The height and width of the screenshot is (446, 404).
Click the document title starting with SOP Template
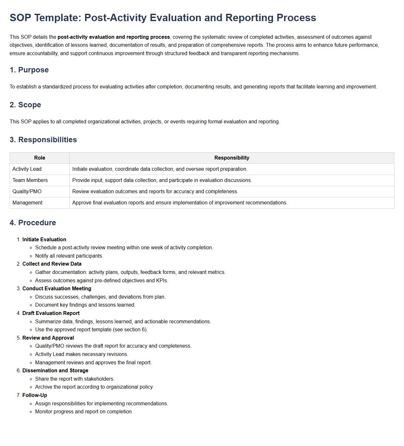click(x=162, y=18)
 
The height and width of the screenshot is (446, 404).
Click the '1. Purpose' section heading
click(x=29, y=70)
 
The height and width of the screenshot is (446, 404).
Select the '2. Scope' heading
click(x=25, y=105)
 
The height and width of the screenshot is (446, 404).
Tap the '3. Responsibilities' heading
click(x=43, y=140)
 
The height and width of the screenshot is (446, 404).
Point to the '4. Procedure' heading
click(x=33, y=223)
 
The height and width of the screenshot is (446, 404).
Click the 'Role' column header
click(x=40, y=158)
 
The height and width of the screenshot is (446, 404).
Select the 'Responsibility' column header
click(x=232, y=158)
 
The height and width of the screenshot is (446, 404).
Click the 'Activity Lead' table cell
click(x=27, y=169)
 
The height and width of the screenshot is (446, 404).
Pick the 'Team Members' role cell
click(x=30, y=180)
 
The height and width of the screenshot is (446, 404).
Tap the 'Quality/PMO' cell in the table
click(x=27, y=192)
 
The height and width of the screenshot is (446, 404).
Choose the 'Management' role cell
click(x=28, y=203)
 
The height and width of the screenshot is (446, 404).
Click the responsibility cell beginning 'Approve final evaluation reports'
click(x=180, y=203)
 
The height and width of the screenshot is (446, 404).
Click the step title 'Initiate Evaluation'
click(x=44, y=240)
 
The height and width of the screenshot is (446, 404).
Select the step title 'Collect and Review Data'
click(x=52, y=264)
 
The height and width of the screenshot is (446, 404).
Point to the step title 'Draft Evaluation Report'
click(x=51, y=313)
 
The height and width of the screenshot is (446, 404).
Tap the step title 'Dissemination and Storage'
click(x=55, y=371)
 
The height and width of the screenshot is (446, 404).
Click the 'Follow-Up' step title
click(x=35, y=395)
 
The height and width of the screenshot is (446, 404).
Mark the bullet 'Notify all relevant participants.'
click(x=69, y=256)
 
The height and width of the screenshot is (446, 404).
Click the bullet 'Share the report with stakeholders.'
click(x=75, y=379)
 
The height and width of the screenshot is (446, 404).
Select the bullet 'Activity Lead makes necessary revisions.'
click(x=82, y=354)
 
